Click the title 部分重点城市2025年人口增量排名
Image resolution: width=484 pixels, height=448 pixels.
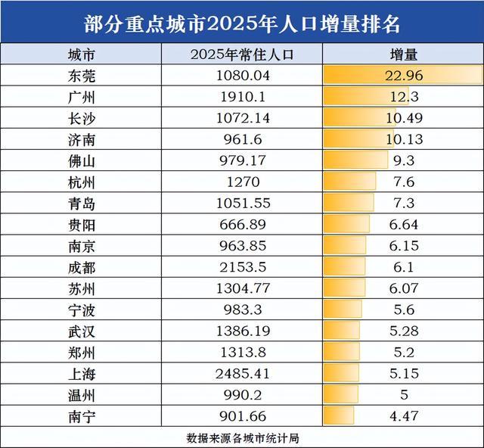[x=242, y=24]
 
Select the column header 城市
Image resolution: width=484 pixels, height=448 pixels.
[x=81, y=55]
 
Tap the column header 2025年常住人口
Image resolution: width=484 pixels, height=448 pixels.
[x=242, y=54]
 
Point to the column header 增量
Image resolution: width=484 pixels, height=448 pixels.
[x=403, y=54]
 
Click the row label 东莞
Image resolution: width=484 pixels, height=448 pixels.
[x=82, y=76]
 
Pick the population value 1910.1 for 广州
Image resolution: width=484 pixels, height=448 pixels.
[x=243, y=97]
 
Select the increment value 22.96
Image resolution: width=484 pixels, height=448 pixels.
[x=404, y=76]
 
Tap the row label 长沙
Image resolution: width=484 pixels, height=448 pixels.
[x=82, y=119]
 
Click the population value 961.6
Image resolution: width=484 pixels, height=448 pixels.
[x=243, y=140]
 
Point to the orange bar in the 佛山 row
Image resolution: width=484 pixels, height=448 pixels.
[x=355, y=160]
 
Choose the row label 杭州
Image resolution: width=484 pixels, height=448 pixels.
[x=82, y=182]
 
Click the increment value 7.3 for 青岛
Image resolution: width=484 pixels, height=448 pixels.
[x=404, y=204]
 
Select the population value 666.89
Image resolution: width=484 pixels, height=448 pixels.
[x=243, y=225]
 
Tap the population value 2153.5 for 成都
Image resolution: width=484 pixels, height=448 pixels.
[x=243, y=267]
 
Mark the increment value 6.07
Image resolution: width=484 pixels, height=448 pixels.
[x=404, y=288]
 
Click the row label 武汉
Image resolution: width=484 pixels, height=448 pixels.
[x=82, y=331]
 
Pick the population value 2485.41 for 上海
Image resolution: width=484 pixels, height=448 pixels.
[x=243, y=374]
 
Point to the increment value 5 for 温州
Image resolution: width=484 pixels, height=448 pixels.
[x=404, y=395]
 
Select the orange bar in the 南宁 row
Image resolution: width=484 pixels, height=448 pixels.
[x=339, y=415]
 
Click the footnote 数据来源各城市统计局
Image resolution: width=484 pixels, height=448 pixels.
[x=243, y=438]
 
